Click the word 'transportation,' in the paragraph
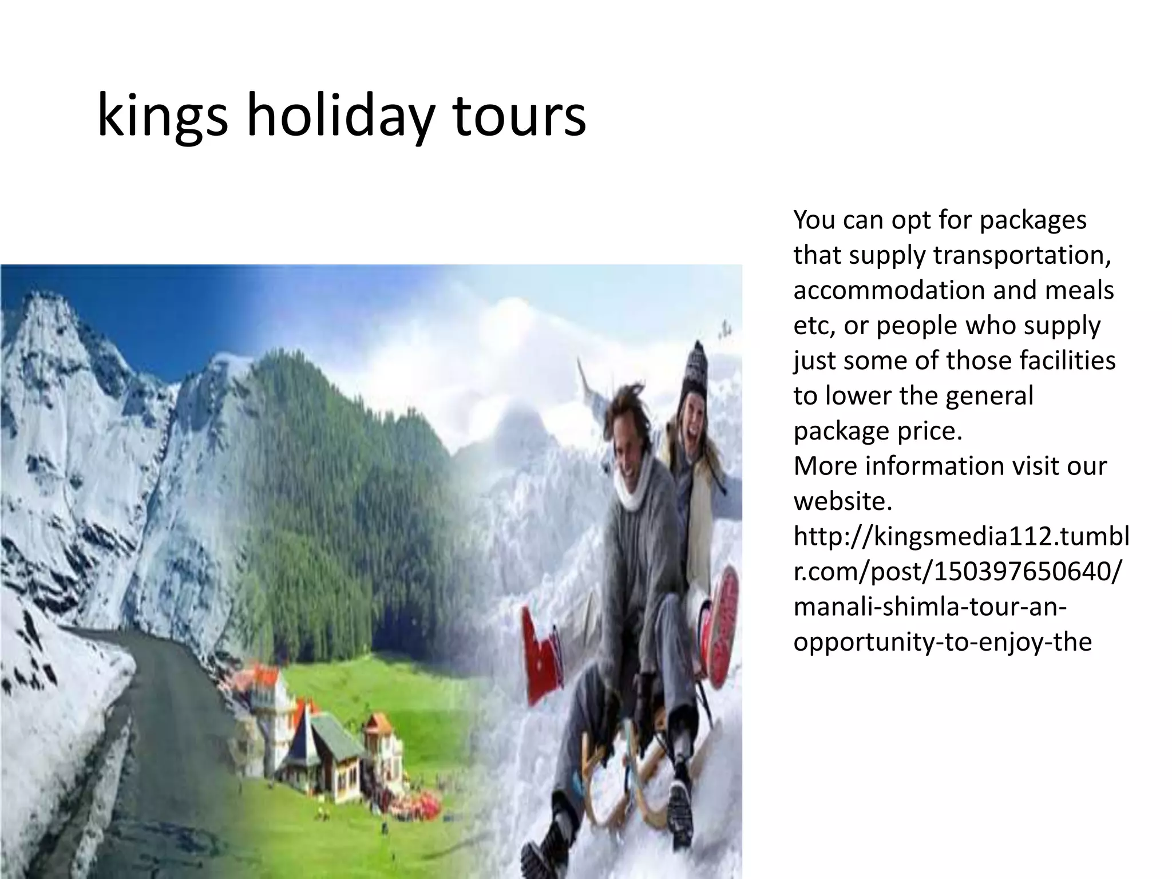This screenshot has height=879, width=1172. point(1022,255)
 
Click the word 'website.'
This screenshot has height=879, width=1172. point(842,501)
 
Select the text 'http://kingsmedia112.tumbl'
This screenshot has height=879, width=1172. point(961,537)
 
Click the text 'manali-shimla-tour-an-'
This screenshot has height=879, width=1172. point(930,607)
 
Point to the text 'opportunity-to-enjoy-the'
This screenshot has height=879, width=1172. point(943,642)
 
